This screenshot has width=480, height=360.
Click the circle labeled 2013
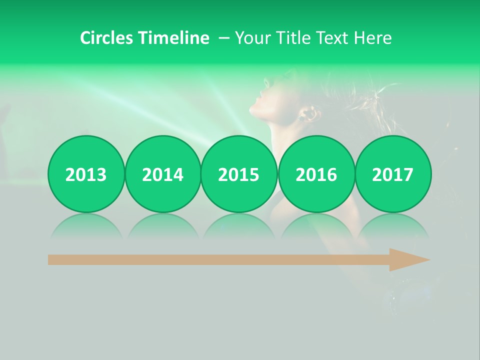point(86,174)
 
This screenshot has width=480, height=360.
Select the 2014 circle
point(162,174)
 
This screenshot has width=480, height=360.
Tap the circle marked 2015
point(239,174)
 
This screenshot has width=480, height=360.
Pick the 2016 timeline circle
point(316,174)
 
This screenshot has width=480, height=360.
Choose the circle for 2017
point(392,174)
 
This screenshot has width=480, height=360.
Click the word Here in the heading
point(372,38)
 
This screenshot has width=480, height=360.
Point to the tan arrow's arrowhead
point(407,259)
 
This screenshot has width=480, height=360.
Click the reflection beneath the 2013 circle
point(86,225)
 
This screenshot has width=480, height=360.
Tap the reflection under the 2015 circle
point(239,225)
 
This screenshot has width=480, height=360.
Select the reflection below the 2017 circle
point(392,225)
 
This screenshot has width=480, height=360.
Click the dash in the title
point(224,38)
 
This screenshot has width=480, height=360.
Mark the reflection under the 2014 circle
point(162,225)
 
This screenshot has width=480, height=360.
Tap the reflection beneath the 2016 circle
point(316,225)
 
